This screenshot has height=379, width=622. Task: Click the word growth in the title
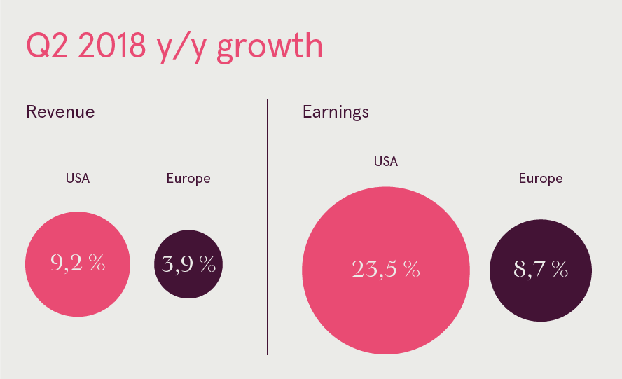pos(270,48)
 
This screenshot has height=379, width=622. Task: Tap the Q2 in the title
pos(47,46)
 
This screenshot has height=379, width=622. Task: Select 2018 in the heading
pos(111,46)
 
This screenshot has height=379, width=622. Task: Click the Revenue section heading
pos(60,112)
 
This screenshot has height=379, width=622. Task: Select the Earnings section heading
pos(336,112)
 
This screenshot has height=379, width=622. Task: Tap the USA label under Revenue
pos(78,178)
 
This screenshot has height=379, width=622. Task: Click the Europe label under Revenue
pos(188,179)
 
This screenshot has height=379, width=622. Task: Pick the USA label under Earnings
pos(386,162)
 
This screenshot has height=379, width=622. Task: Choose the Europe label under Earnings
pos(541,179)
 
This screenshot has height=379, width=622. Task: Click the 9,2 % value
pos(78,263)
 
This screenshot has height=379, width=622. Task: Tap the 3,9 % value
pos(188,264)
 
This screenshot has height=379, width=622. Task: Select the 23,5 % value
pos(386,269)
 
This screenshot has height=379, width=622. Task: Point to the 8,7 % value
pos(541,269)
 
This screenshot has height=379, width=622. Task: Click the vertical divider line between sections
pos(267,227)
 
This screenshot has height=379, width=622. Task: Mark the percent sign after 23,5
pos(412,268)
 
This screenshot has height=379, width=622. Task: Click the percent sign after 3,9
pos(208,263)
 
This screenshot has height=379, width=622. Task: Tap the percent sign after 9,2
pos(97,262)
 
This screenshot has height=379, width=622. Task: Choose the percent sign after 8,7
pos(560,268)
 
